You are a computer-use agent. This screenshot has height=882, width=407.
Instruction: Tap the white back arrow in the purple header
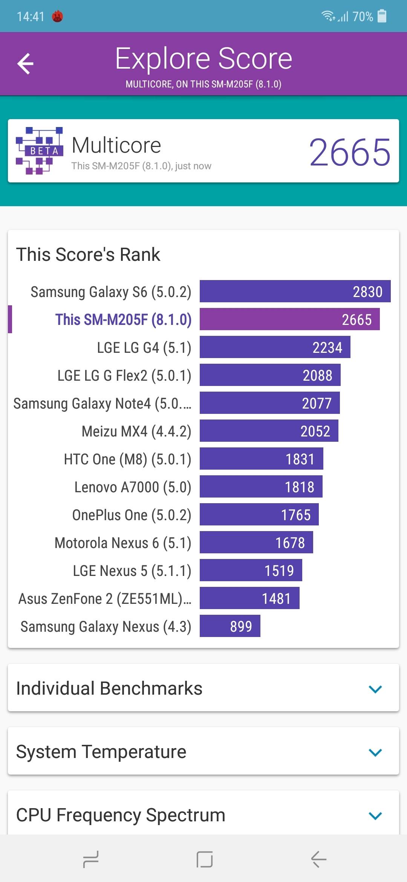coord(26,63)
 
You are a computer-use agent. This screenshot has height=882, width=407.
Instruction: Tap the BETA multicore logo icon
coord(39,151)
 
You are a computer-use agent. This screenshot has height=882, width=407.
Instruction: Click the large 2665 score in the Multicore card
coord(349,152)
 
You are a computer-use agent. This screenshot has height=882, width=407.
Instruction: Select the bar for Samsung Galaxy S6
coord(295,291)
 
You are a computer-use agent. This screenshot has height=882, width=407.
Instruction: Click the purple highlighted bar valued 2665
coord(289,319)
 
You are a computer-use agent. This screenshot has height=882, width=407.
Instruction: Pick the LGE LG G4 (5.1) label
coord(144,348)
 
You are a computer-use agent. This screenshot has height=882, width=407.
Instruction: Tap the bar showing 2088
coord(270,375)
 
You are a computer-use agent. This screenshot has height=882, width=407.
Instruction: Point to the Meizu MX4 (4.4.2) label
coord(136,431)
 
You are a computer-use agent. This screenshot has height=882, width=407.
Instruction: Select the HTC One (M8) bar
coord(261,459)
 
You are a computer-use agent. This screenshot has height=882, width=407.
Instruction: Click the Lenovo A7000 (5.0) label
coord(133,487)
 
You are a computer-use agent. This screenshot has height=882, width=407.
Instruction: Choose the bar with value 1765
coord(259,514)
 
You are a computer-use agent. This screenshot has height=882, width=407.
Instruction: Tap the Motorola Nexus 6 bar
coord(256,542)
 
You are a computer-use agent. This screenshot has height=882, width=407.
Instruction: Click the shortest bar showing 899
coord(230,626)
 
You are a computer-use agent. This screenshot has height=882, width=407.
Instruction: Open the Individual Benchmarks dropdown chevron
coord(375,689)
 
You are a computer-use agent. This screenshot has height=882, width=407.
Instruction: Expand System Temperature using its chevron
coord(375,752)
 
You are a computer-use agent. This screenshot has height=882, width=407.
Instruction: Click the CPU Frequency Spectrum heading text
coord(121,815)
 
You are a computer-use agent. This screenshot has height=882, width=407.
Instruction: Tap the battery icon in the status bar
coord(382,16)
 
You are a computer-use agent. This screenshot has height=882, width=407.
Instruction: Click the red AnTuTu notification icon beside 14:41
coord(57,17)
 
